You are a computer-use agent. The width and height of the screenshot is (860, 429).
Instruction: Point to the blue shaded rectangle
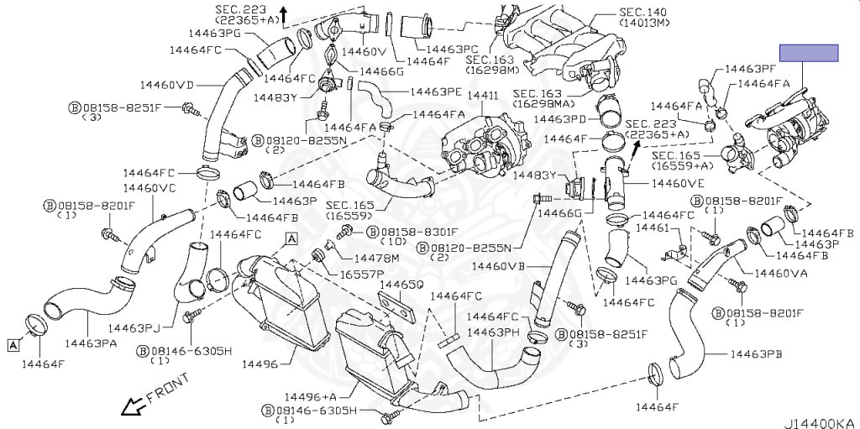pos(809,53)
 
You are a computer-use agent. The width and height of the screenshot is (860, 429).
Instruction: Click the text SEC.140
pos(642,13)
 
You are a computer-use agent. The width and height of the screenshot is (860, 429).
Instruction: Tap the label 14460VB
pos(498,266)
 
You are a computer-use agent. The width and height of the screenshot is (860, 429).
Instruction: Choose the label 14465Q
pos(401,285)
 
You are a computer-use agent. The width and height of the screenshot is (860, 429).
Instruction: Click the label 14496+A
pos(310,396)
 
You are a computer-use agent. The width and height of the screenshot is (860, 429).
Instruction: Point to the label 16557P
pos(361,275)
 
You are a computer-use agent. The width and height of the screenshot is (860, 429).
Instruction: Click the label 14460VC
pos(149,188)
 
